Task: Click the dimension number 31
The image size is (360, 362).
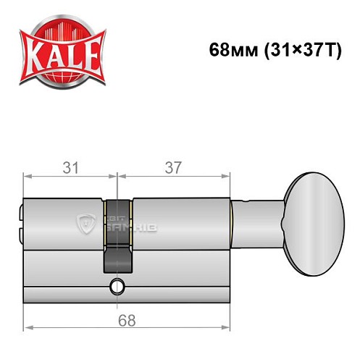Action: [70, 167]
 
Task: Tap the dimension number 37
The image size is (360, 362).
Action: [172, 167]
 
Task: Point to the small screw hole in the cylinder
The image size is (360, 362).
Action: [116, 288]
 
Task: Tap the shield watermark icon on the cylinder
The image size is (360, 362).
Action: [84, 223]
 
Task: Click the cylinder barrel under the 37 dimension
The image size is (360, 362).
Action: [181, 217]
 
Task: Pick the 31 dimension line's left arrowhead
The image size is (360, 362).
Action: [27, 176]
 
